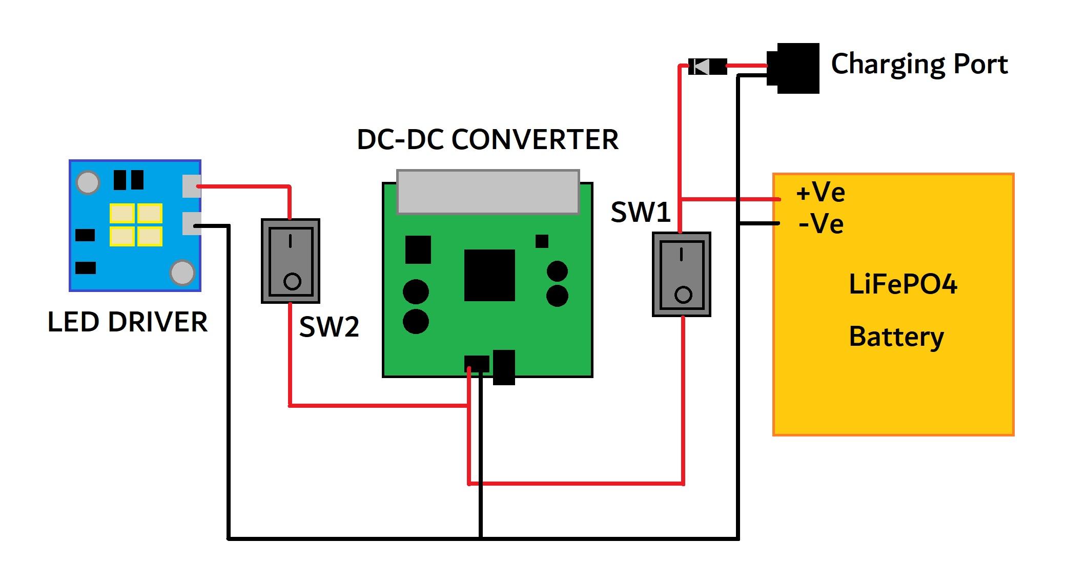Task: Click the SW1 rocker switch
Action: (681, 274)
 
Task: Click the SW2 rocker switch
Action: (291, 261)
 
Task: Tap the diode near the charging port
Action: (707, 66)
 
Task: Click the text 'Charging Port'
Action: (919, 65)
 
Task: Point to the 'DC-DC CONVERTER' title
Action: (487, 139)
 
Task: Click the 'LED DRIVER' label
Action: (128, 322)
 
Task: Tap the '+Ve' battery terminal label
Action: (820, 193)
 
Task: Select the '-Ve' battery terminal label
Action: (821, 224)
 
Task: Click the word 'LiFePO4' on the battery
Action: (903, 284)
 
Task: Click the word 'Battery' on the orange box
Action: (896, 337)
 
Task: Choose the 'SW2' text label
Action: (329, 327)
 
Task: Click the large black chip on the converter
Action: (489, 275)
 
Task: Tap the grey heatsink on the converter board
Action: (488, 192)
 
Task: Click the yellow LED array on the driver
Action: (136, 225)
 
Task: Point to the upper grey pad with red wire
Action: (192, 186)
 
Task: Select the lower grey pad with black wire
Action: (192, 224)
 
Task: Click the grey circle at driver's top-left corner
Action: (88, 182)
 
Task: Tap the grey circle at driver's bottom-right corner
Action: (182, 272)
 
